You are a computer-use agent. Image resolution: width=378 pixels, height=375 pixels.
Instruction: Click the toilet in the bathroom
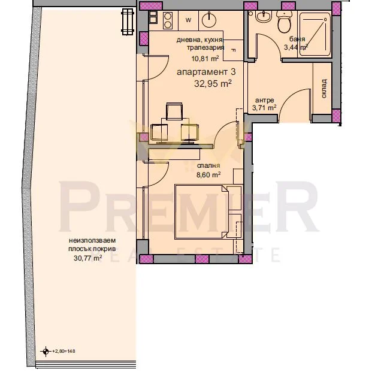point(284,22)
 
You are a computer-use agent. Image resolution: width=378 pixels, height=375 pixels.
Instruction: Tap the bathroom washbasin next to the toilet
point(264,17)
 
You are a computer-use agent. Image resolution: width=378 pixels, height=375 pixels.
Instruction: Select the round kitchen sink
point(209,20)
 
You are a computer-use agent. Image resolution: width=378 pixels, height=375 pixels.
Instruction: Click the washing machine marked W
point(188,20)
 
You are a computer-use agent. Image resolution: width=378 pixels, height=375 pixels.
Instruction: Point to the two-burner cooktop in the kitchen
point(168,20)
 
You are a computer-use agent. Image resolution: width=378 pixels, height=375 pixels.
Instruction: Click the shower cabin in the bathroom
point(315,34)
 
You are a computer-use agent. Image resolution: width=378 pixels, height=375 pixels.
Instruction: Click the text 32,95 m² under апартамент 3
point(213,84)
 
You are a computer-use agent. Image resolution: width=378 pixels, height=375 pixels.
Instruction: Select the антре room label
point(264,100)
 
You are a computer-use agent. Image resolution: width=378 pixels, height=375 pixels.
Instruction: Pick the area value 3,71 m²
point(264,107)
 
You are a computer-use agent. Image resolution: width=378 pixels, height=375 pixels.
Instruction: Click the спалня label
point(208,165)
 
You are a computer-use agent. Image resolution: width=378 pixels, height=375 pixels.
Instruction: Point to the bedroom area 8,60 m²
point(208,174)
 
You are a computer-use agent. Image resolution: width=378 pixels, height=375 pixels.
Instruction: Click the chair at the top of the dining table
point(174,111)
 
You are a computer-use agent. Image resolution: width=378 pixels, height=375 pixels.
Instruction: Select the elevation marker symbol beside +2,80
point(46,351)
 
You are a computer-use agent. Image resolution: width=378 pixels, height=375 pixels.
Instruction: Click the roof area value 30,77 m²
point(87,258)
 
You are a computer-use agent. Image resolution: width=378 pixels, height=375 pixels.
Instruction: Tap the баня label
point(297,39)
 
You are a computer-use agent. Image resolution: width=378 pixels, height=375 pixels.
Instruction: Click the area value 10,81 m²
point(205,58)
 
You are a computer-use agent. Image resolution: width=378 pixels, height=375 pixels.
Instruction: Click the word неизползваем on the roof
point(92,240)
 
